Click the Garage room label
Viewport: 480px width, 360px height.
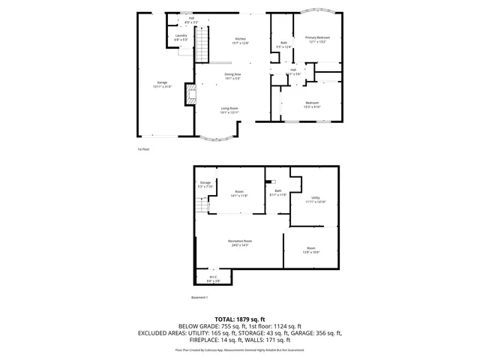162,84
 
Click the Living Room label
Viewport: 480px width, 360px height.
229,110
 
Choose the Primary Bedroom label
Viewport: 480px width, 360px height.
317,39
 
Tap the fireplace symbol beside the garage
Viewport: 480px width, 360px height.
190,93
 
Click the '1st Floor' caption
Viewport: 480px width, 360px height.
143,149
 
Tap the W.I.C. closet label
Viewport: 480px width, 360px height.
213,278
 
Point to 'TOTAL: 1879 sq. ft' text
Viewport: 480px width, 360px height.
240,319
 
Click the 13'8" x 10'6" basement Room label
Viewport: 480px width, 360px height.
310,250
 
